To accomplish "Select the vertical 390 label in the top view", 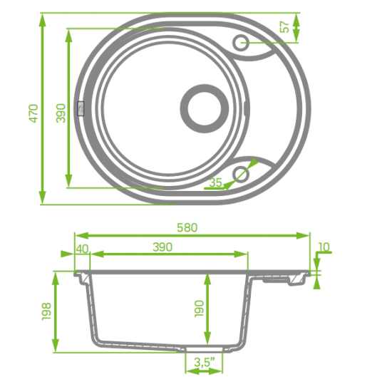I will click(x=61, y=113).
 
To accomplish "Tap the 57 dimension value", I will click(x=284, y=28).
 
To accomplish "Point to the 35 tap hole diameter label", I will click(x=216, y=182).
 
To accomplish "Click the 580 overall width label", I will click(x=187, y=227).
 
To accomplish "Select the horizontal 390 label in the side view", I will click(x=162, y=247).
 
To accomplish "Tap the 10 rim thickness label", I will click(x=324, y=248).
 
